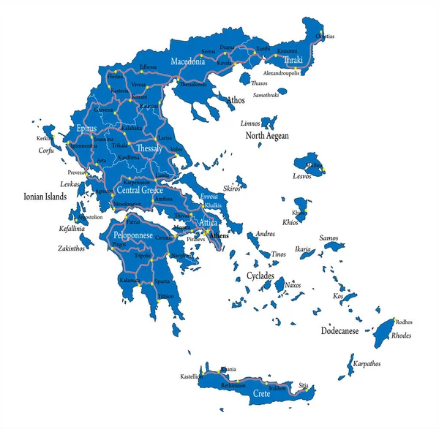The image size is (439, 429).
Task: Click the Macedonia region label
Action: tap(192, 62)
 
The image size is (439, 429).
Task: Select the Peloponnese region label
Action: tap(132, 236)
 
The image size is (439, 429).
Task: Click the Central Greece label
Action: tap(139, 190)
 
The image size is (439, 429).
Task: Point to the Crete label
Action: tap(261, 393)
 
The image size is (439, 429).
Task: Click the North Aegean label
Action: tap(266, 136)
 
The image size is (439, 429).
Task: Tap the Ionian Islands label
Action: tap(45, 197)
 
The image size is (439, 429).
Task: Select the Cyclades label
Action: tap(260, 276)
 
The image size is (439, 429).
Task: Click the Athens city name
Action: tap(219, 236)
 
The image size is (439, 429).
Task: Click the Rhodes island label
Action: tap(401, 336)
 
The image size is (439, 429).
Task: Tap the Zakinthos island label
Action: tap(74, 248)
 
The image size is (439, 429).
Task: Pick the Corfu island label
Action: tap(47, 151)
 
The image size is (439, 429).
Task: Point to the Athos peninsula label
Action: tap(236, 99)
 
